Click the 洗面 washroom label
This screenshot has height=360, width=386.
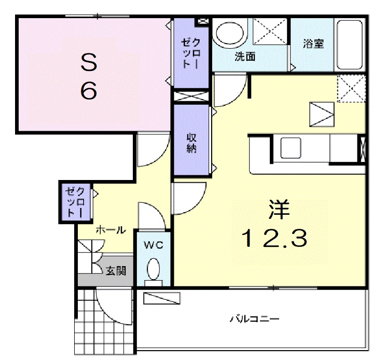[245, 57]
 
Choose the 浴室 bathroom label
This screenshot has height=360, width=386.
[313, 44]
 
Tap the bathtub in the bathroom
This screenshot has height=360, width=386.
[351, 45]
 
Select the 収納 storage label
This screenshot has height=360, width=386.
[191, 143]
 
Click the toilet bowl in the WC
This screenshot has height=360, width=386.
[153, 270]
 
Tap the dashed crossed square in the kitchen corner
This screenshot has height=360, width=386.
[351, 88]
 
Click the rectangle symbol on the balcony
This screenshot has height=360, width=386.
[162, 298]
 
